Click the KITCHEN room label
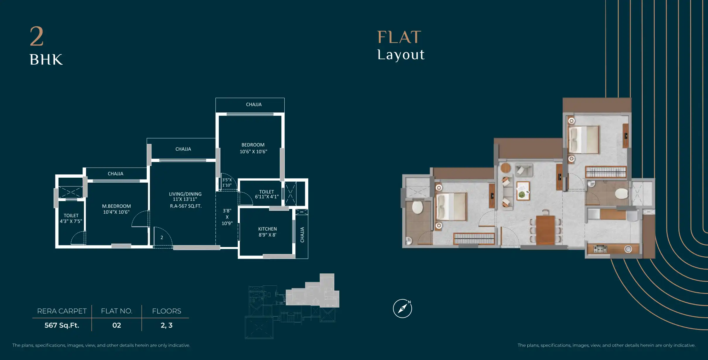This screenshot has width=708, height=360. click(267, 229)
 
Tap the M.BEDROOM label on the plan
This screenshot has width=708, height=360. click(117, 206)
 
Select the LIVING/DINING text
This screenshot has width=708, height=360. click(185, 194)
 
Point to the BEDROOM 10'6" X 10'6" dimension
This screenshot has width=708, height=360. click(254, 152)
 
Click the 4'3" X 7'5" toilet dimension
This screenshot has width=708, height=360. click(71, 221)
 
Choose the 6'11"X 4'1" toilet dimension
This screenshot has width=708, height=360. click(267, 197)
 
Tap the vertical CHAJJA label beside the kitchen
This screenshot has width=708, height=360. click(302, 235)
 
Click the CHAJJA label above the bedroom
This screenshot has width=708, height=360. click(254, 104)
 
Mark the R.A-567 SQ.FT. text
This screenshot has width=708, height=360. click(186, 206)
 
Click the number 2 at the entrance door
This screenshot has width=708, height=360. click(162, 238)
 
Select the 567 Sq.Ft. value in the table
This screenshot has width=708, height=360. click(62, 325)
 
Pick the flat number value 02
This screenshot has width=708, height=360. click(117, 325)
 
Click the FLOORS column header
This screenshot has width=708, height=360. click(167, 311)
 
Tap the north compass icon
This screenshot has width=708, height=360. click(403, 308)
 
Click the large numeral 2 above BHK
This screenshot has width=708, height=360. click(37, 36)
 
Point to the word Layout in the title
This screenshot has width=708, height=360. click(401, 55)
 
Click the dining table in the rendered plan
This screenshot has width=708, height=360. click(545, 230)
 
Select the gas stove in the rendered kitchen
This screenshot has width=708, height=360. click(600, 249)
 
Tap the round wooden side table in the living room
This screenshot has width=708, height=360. click(506, 168)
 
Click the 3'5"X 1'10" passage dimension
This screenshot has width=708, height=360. click(227, 182)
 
